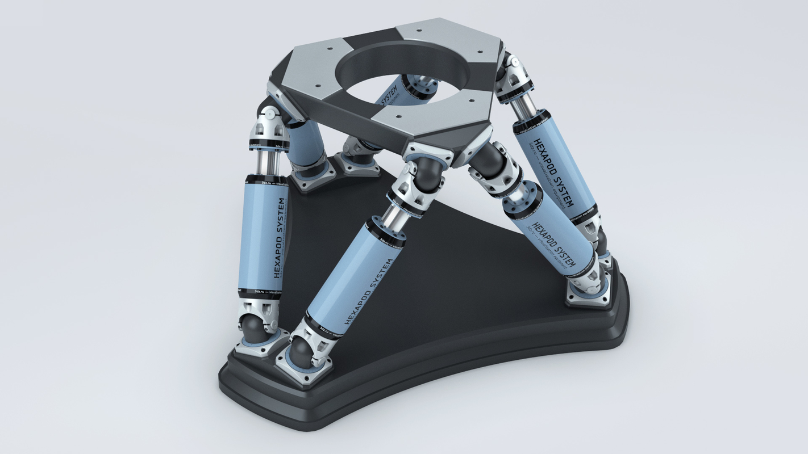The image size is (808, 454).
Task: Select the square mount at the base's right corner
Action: tap(588, 292)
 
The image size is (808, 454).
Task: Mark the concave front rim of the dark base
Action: tap(426, 392)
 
